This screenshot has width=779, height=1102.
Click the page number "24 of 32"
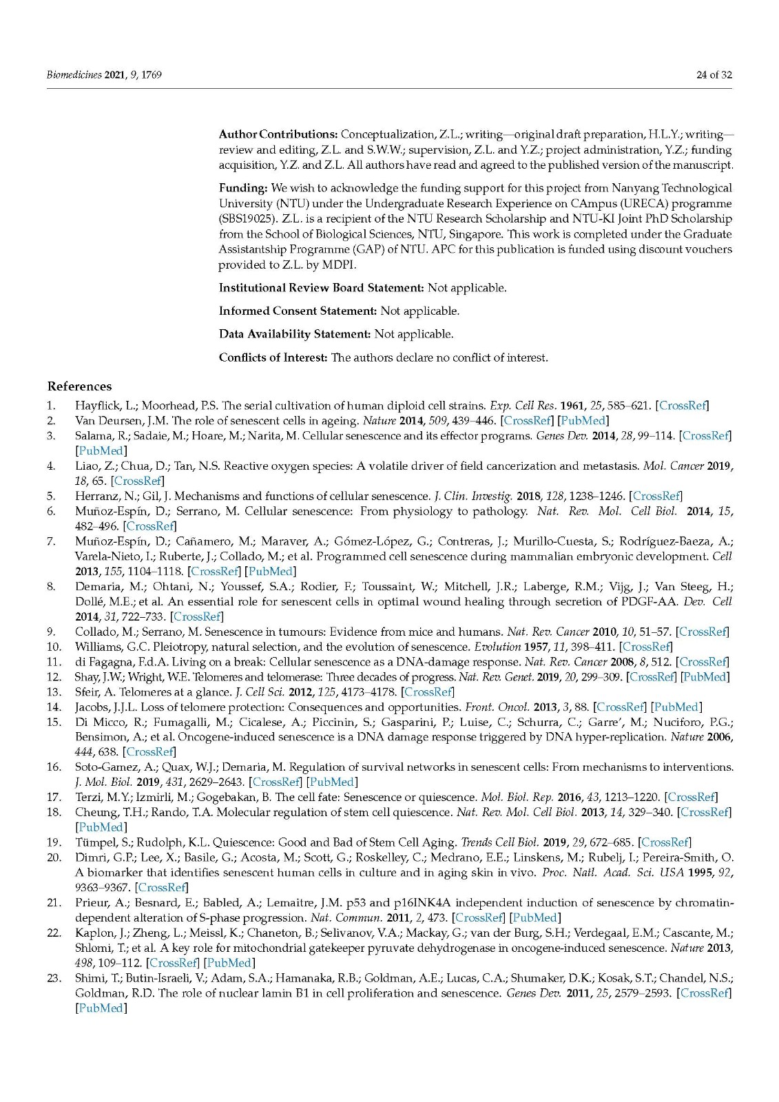coord(714,74)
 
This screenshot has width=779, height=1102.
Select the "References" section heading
coord(79,386)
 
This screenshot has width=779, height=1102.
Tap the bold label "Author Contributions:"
coord(278,134)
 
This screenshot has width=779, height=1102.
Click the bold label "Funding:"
coord(243,188)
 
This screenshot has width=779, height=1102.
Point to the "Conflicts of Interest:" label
coord(273,357)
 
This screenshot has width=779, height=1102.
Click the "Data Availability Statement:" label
coord(295,334)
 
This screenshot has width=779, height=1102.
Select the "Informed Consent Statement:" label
coord(298,311)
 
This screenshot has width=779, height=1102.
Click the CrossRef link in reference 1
coord(683,406)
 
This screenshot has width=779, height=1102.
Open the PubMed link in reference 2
coord(584,420)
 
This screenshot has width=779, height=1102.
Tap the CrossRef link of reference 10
coord(646,647)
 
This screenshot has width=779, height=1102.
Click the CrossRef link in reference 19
coord(665,842)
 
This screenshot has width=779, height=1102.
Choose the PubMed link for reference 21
coord(535,917)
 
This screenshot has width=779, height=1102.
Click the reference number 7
coord(51,541)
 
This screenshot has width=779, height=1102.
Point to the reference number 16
coord(54,767)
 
